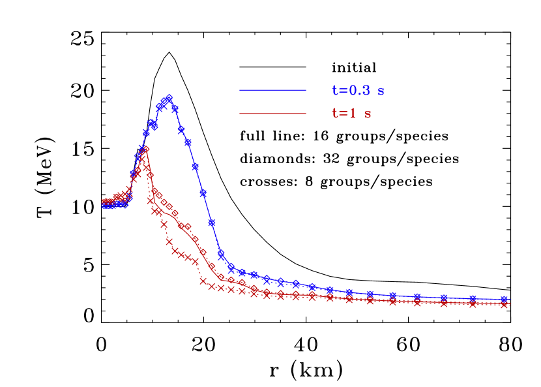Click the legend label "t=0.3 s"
358,91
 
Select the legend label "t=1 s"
352,114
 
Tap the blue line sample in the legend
272,90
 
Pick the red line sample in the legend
272,114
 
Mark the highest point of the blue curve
169,98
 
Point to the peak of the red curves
145,149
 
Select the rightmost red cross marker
504,304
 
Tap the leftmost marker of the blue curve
104,205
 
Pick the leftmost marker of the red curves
104,202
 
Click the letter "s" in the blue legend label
381,91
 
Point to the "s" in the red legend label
368,114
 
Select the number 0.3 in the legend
358,91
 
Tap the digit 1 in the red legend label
353,114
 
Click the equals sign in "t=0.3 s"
342,91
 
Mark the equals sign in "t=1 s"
342,114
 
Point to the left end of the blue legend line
241,90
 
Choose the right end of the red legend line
305,114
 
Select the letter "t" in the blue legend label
335,91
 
